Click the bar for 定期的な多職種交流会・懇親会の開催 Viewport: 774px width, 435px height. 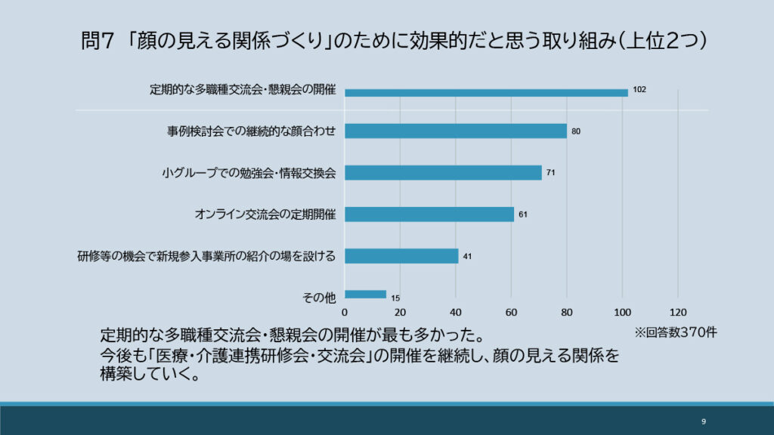486,93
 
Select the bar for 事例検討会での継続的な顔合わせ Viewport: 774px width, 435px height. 456,131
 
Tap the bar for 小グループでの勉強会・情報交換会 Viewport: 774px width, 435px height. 443,172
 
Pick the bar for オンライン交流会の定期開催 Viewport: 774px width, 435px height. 429,214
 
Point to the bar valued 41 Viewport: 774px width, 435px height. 401,255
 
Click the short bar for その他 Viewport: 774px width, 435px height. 365,295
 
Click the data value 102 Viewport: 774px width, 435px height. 639,90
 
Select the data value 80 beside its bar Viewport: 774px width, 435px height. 576,131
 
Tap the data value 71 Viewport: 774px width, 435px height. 551,173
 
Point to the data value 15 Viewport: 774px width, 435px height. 395,298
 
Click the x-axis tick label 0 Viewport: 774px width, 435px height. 345,312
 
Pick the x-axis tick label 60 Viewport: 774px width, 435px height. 511,312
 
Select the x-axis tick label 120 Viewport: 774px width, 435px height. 677,312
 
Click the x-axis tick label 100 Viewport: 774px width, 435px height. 622,312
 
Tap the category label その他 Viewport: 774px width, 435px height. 318,298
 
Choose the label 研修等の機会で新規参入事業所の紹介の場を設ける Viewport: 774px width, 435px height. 206,256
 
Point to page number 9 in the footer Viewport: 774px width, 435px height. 703,421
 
